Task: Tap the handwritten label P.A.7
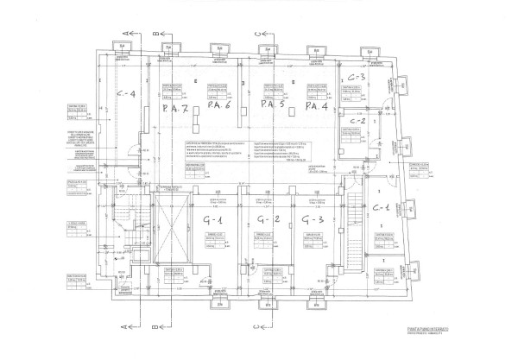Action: (x=175, y=110)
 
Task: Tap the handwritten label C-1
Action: (x=380, y=208)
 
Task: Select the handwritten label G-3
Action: (x=313, y=219)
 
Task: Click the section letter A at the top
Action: (x=124, y=32)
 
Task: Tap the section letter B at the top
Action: (x=155, y=32)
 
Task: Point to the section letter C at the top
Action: (x=258, y=32)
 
